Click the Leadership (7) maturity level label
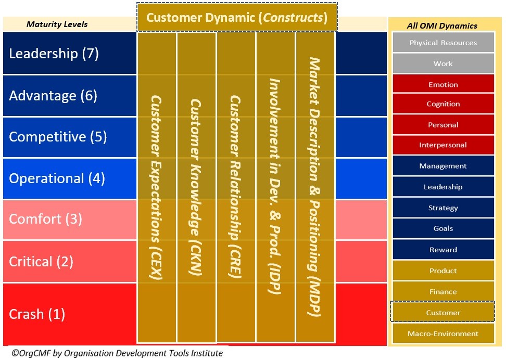click(x=54, y=54)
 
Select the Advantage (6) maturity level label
click(x=53, y=96)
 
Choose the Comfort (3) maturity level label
click(x=46, y=218)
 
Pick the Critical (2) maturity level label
click(x=42, y=261)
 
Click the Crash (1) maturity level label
click(x=37, y=314)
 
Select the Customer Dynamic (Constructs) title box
click(x=237, y=18)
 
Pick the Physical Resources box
click(x=443, y=43)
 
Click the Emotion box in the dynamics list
click(x=443, y=84)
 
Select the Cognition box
click(x=443, y=104)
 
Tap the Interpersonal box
click(x=443, y=145)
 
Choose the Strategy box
click(x=443, y=208)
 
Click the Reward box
click(x=443, y=250)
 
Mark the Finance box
click(x=443, y=292)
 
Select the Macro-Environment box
click(x=443, y=333)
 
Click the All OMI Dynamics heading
click(x=442, y=25)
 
